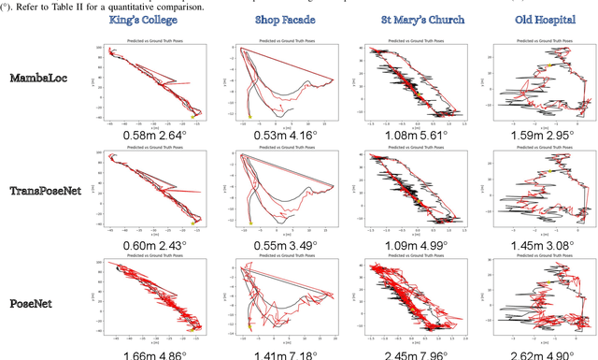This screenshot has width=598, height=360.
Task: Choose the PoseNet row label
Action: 37,303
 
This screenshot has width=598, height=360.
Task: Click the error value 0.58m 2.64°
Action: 155,135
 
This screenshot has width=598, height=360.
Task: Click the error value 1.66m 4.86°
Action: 155,353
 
